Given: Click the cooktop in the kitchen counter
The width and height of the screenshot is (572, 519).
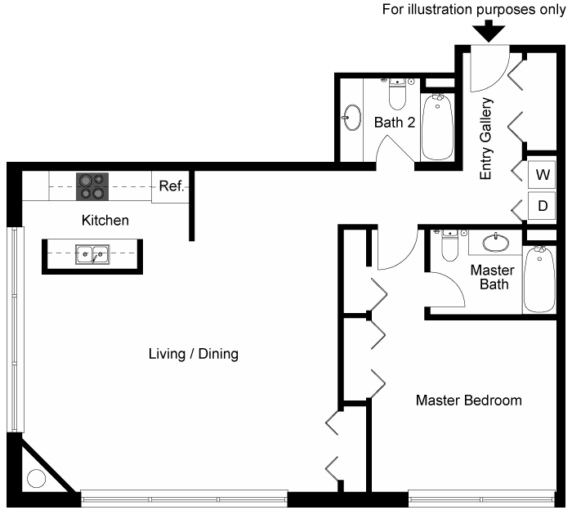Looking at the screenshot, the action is pos(92,186).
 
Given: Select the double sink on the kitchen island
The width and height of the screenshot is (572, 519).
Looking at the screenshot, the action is pos(92,254).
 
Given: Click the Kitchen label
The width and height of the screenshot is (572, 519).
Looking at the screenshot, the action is pos(105,221).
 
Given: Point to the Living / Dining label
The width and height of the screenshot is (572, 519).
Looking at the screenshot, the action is pos(194,354).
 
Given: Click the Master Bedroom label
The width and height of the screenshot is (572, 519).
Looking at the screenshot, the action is pos(469,400).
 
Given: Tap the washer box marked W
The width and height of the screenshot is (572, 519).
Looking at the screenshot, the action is pos(542,174).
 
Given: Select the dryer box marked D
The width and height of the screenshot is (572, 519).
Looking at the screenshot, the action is pos(542,206).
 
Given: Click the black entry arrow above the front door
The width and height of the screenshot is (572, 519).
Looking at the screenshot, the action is pos(489,31).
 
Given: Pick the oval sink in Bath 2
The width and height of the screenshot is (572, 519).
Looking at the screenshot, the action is pos(352,117).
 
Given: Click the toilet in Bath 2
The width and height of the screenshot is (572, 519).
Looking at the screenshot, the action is pos(397,94).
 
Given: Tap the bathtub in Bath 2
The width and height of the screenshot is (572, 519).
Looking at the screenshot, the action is pos(437,127).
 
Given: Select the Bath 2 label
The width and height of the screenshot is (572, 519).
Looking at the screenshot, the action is pos(395,123).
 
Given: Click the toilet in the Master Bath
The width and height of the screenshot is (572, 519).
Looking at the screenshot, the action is pos(449,245).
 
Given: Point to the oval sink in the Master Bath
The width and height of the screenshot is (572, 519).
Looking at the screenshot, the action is pos(496,243).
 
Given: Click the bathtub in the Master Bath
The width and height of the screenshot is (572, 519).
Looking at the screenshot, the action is pos(539,280).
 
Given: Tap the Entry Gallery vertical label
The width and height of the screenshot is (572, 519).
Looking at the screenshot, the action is pos(486,139).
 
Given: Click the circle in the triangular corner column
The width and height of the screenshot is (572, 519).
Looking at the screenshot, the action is pos(37,478).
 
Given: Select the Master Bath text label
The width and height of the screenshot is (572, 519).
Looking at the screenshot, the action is pos(493,277).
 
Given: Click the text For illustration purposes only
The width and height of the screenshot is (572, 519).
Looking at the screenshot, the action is pos(474,10).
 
